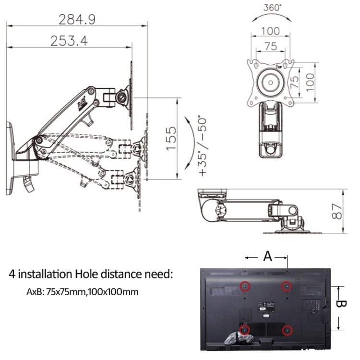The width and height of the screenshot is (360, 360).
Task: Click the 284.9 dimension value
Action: pos(77,19)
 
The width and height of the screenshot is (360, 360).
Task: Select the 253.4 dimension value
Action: pos(69,41)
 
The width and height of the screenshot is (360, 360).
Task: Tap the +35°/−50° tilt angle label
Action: pos(201,144)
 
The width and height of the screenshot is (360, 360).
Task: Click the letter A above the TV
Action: pos(267,256)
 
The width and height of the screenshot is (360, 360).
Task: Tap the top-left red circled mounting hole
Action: pos(245,286)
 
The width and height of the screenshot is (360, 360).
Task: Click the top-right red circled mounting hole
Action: pos(287,286)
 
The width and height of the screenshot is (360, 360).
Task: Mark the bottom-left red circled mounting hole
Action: pos(245,330)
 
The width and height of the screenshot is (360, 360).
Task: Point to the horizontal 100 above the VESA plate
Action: pos(270,32)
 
